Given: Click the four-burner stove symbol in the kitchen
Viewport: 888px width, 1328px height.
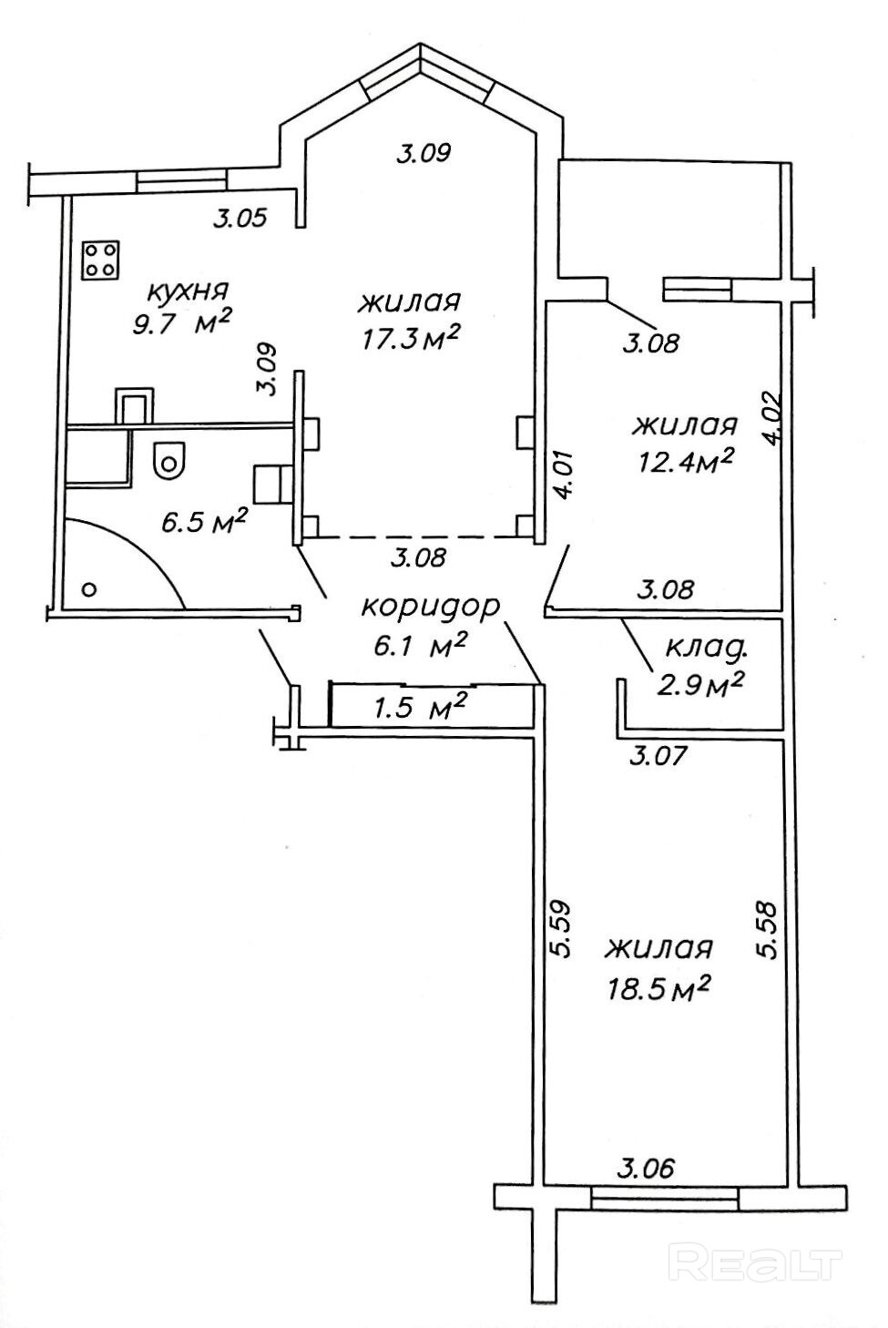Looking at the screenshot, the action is click(101, 260).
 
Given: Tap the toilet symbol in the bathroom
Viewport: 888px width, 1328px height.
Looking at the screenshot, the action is click(168, 459).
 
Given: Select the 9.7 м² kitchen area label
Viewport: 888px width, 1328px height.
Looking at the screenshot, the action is click(182, 323).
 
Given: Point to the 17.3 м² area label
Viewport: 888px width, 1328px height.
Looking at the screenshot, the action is click(410, 338).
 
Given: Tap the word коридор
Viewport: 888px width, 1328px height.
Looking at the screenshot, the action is click(431, 608).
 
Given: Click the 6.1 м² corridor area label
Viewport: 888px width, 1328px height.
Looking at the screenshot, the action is click(419, 644).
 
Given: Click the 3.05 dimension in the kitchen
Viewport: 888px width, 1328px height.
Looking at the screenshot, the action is click(240, 219).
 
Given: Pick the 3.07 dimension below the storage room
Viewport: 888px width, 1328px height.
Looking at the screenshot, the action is click(658, 756).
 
